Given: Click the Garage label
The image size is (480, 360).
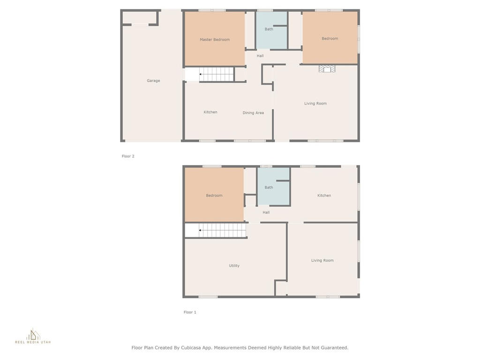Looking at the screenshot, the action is coord(153,81).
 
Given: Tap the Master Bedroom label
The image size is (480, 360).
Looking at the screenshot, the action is coord(215,39).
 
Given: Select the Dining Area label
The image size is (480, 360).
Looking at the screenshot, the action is coord(253,113).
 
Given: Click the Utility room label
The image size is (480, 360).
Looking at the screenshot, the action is coord(234,266).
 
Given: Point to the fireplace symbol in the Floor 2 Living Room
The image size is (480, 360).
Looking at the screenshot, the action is coord(327,69).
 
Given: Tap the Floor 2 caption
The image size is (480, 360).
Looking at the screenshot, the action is coord(128,156).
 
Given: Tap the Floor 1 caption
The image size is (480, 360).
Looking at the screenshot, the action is coord(190,312).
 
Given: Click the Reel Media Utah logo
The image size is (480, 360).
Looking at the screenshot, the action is coord(33,336).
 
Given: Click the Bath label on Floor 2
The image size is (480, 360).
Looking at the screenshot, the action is coord(269,30).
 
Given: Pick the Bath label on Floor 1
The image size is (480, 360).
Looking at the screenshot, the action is coord(269,187).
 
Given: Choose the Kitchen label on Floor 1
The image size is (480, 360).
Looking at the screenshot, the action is coord(324,195).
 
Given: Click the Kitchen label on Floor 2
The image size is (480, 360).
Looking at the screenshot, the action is coord(210,112).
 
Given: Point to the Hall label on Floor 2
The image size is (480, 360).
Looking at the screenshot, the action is coord(260,56).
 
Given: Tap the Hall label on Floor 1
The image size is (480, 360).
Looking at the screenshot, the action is coord(266,212).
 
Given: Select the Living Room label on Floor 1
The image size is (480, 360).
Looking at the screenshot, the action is coord(322,261).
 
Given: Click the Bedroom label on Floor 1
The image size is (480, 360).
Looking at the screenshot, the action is coord(214,195).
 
